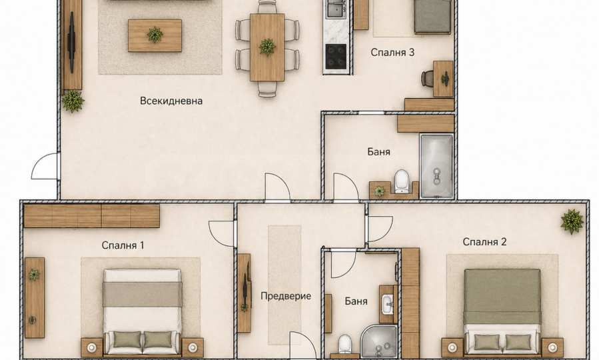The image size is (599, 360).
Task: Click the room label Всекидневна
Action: tap(171, 101)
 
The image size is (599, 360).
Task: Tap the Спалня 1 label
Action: tap(123, 245)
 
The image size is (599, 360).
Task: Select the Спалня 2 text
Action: tap(484, 241)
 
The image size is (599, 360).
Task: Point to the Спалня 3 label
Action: tap(392, 53)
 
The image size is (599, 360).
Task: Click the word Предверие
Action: tap(286, 296)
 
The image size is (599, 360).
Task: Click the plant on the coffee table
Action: tap(155, 35)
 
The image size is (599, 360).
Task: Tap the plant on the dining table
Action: tap(267, 47)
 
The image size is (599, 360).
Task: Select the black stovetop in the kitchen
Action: tap(336, 57)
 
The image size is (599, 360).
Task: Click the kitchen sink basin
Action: tap(336, 9)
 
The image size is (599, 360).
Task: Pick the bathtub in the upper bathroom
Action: tap(436, 166)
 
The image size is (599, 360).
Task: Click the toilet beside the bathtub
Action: tap(402, 181)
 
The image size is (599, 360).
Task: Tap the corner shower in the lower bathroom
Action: tap(379, 341)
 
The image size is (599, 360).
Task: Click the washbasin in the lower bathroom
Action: tap(387, 305)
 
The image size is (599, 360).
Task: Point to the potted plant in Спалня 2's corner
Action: tap(572, 221)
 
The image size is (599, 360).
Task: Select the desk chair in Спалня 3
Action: tap(427, 79)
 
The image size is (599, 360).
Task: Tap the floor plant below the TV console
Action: tap(73, 101)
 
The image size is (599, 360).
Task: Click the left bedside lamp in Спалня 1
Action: tap(92, 347)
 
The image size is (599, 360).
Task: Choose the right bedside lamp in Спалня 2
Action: tap(552, 347)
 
